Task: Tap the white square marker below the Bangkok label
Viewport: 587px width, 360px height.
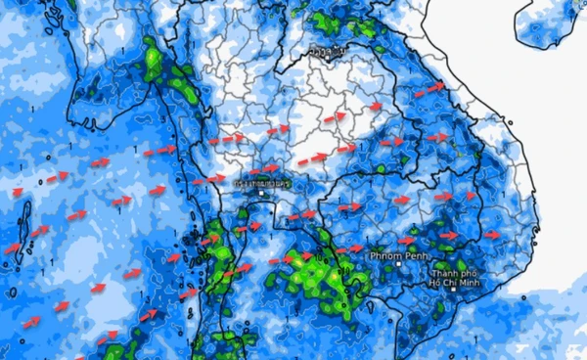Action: (262, 194)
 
